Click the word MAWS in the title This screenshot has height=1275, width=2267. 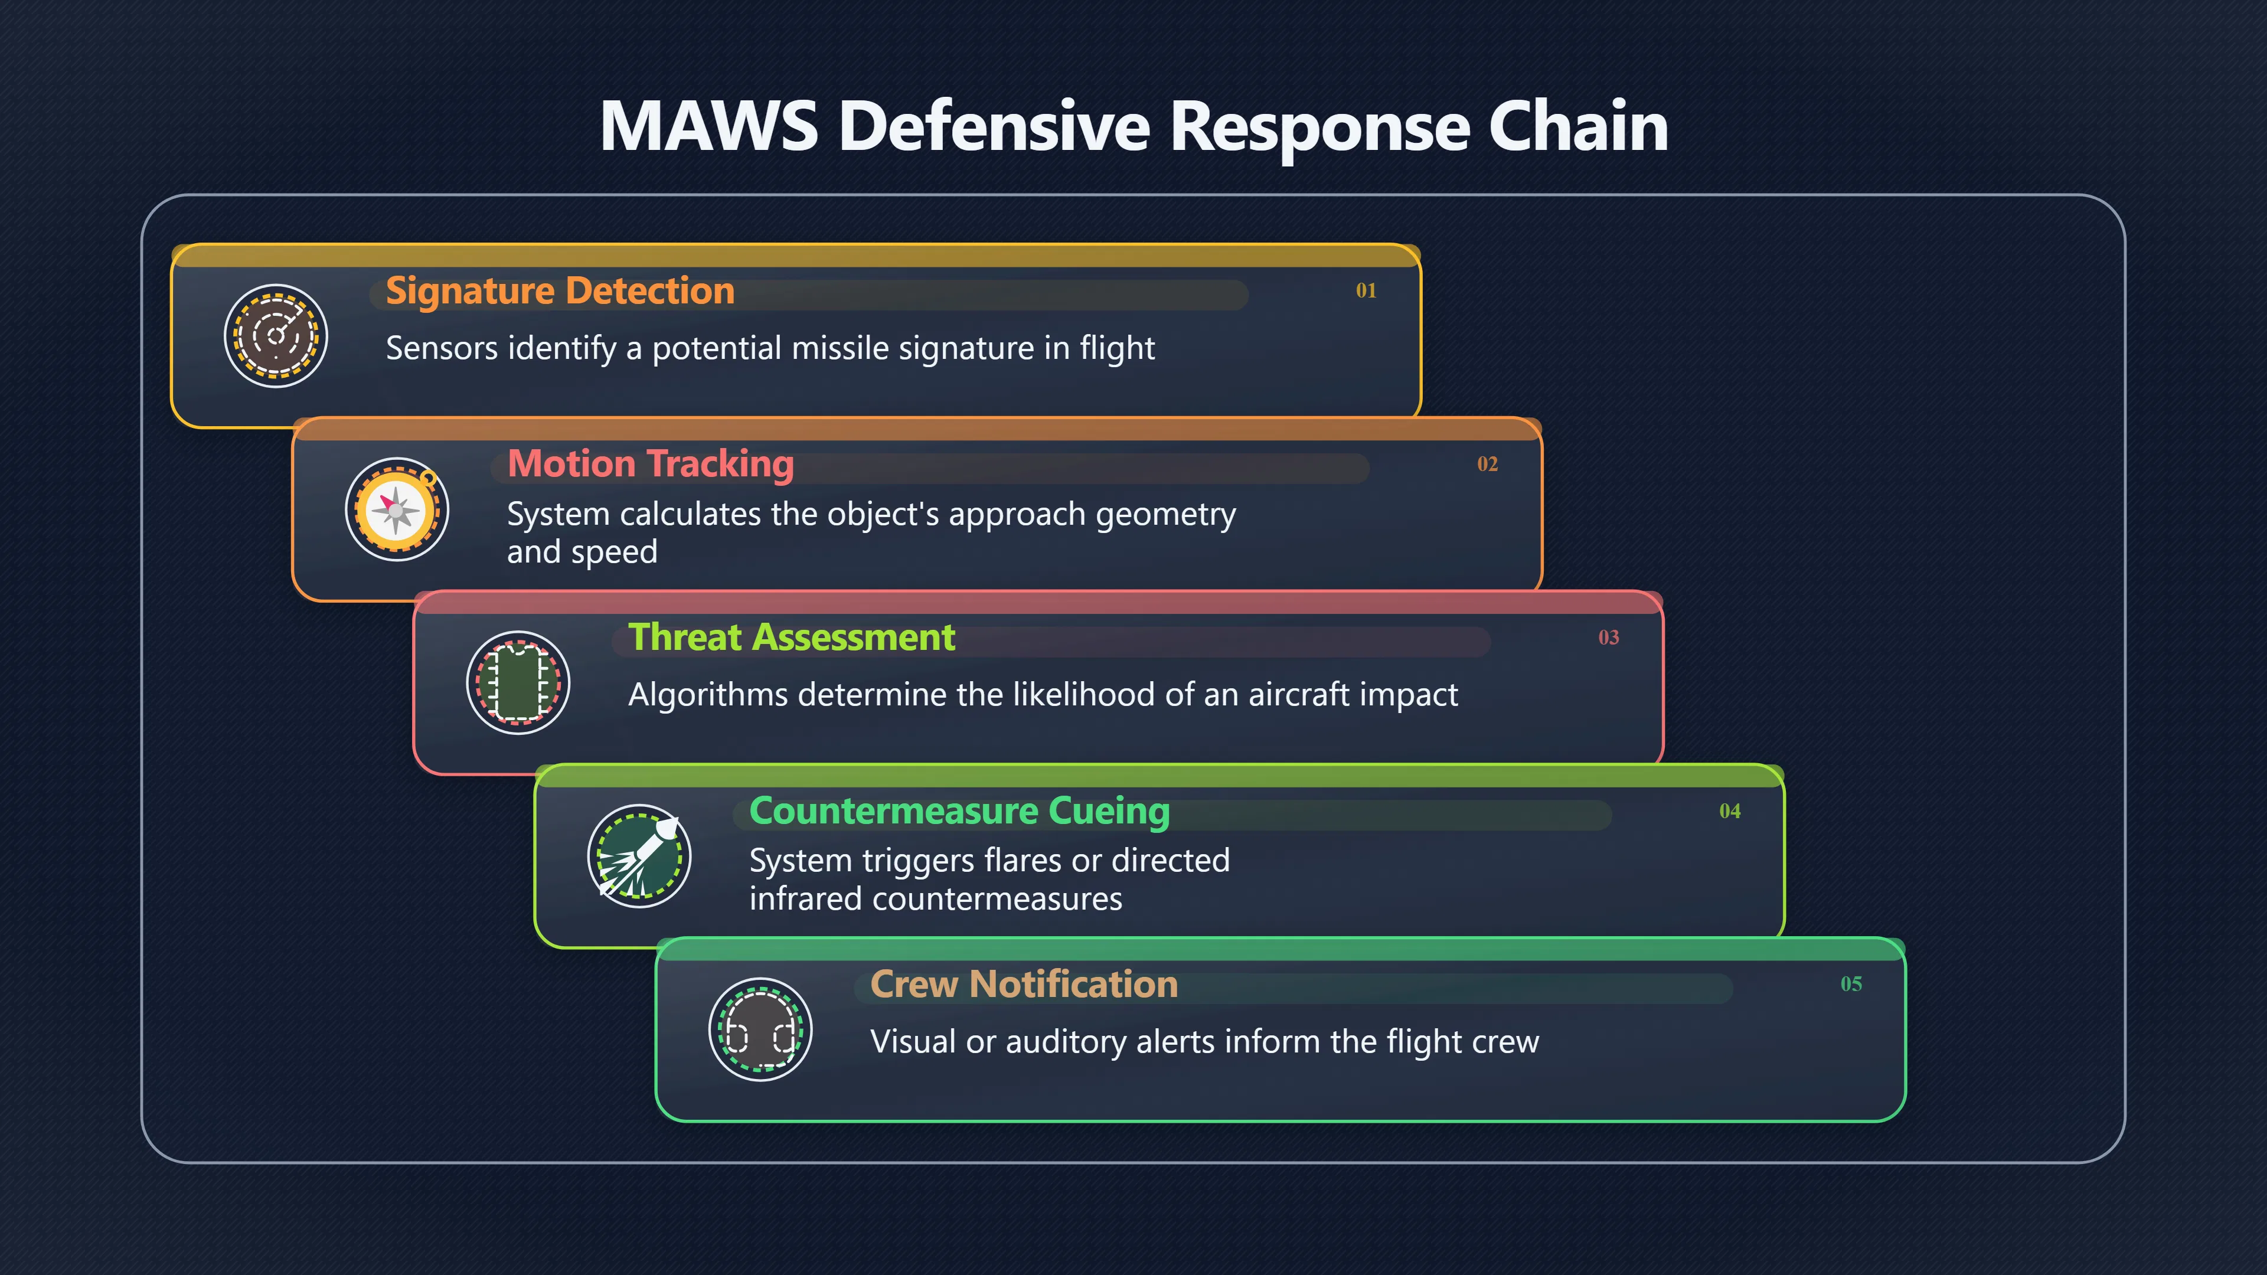(x=708, y=126)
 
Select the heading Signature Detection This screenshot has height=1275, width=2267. (x=560, y=291)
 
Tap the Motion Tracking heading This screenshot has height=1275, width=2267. (x=651, y=464)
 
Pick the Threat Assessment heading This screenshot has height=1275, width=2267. (x=791, y=637)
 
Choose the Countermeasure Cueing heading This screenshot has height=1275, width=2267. (x=959, y=811)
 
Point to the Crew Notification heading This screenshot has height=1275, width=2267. (x=1024, y=984)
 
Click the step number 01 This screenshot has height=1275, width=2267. (x=1366, y=290)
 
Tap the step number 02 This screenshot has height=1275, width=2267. (x=1487, y=464)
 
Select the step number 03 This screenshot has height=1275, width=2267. (x=1609, y=637)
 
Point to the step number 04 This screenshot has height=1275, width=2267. (x=1730, y=810)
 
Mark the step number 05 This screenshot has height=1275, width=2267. (x=1851, y=984)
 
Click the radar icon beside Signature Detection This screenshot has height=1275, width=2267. (x=276, y=335)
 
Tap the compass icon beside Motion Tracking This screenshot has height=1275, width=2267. (x=397, y=509)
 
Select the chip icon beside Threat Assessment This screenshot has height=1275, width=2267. (x=518, y=682)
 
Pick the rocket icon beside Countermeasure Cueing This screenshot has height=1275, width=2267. (x=639, y=855)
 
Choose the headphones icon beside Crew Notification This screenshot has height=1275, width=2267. (x=760, y=1029)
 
